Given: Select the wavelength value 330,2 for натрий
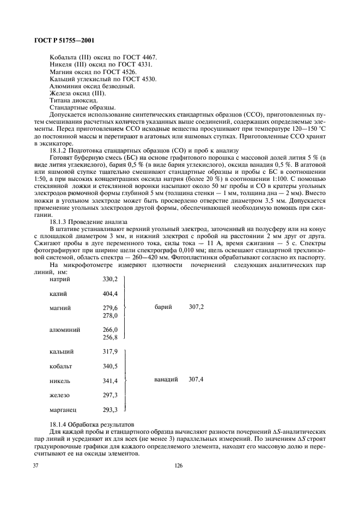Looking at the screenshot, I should tap(110, 279).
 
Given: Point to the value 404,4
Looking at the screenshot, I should tap(110, 294).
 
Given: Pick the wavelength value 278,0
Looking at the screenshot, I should tap(110, 315).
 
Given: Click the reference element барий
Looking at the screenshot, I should tap(163, 308).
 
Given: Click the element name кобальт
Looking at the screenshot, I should tap(60, 366).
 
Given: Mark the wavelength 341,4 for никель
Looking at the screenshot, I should tap(110, 380).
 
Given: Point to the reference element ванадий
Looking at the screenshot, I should tap(166, 379).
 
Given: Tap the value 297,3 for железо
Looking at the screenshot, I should tap(110, 395).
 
